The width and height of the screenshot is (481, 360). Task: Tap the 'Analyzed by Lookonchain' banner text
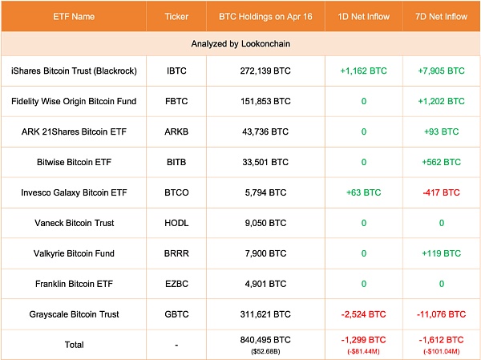240,42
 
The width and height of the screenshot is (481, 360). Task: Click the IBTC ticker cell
176,71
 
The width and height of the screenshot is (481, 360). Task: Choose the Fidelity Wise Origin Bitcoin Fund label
74,101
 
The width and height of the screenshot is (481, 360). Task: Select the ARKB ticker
176,131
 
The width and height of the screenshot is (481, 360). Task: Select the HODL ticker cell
176,223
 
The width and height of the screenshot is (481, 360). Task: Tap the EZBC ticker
176,284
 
